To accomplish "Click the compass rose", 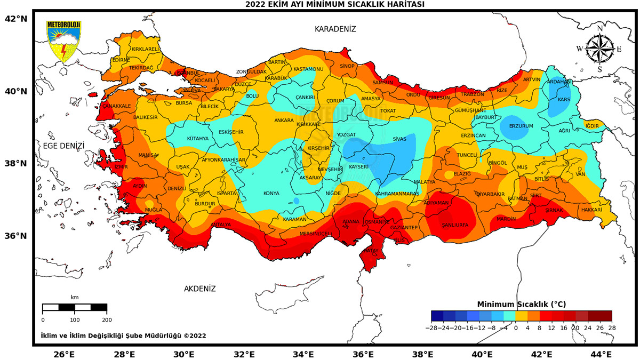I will tap(599, 49).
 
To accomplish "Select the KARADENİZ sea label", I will tap(335, 29).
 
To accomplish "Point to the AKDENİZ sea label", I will tap(200, 289).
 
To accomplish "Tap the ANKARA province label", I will tap(284, 121).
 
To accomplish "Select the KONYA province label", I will tap(271, 194).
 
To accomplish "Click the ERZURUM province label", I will tap(521, 126).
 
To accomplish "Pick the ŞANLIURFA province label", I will tap(455, 225).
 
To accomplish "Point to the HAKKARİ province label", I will tap(591, 210).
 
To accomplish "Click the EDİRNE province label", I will tap(121, 60).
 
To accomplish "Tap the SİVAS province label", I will tap(399, 139).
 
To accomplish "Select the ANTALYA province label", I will tap(221, 225).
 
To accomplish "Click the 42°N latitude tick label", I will tap(16, 19).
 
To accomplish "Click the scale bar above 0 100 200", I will tap(75, 307).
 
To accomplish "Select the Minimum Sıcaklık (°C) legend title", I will tap(521, 304).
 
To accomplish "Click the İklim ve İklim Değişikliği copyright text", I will tap(123, 336).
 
